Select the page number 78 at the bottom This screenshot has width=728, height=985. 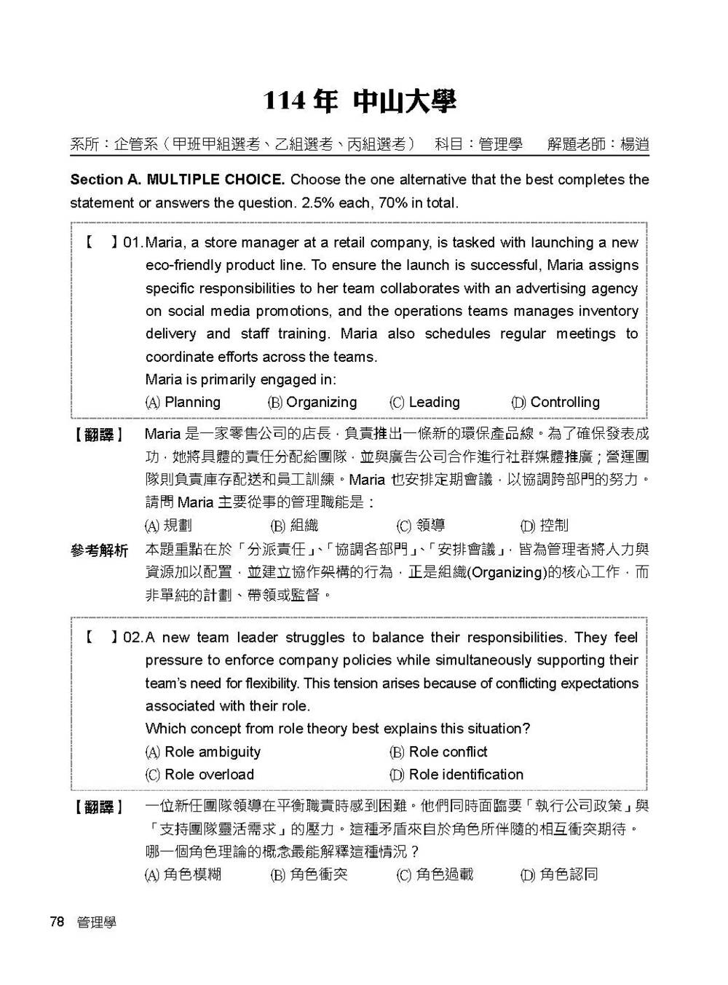point(57,922)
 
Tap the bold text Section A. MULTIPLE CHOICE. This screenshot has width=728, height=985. point(177,180)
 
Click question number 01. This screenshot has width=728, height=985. point(133,243)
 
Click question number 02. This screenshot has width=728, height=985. point(133,638)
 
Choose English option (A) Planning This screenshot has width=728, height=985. point(183,403)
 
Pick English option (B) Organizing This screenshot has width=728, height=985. point(312,403)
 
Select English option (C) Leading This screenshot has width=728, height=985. point(425,403)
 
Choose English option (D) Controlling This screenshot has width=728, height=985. point(555,403)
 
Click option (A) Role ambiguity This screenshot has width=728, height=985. point(203,752)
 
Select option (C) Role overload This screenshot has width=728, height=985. point(200,775)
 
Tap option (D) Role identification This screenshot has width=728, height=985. point(456,775)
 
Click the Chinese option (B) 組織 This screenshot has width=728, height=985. point(295,526)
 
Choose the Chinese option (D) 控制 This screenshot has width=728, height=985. point(545,526)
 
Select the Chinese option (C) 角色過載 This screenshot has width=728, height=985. point(435,874)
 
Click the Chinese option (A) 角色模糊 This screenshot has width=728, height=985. point(183,874)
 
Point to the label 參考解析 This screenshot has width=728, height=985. point(99,551)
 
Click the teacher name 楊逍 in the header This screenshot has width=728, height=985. point(634,144)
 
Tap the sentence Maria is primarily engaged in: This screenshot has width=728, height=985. point(241,380)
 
